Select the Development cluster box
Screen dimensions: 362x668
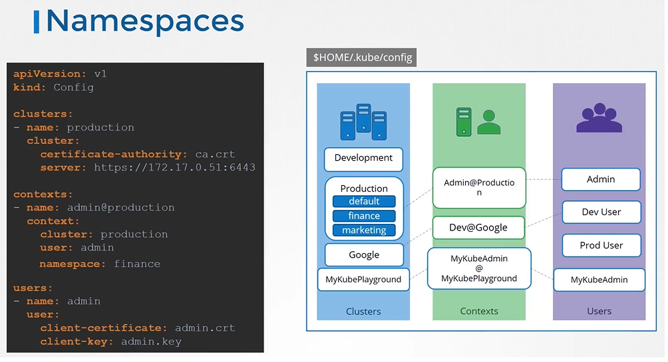click(x=363, y=158)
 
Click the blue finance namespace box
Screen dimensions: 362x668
click(x=364, y=216)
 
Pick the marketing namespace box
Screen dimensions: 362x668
click(x=364, y=230)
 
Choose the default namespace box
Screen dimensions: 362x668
click(x=364, y=201)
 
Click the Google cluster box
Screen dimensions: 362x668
click(x=364, y=254)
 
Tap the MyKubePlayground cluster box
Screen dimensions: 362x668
click(x=363, y=280)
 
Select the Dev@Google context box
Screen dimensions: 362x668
click(x=478, y=228)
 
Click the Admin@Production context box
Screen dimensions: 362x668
click(x=478, y=187)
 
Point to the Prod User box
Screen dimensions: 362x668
click(x=601, y=245)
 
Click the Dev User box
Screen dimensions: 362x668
click(x=601, y=212)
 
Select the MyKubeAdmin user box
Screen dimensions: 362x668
click(x=599, y=280)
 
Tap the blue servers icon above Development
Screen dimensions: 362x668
click(x=363, y=122)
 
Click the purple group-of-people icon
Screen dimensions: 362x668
click(x=599, y=119)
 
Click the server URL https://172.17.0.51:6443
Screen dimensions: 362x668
click(x=174, y=167)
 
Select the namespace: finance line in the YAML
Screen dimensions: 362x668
click(x=100, y=264)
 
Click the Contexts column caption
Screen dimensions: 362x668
click(x=479, y=311)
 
